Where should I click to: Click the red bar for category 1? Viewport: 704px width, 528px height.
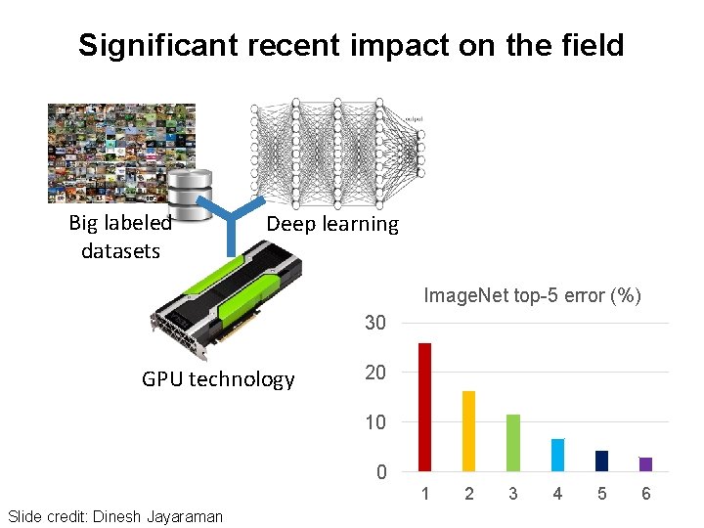tap(424, 407)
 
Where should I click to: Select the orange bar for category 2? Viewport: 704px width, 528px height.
tap(468, 431)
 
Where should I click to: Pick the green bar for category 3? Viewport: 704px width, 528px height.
tap(513, 443)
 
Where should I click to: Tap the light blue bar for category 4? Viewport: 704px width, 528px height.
tap(557, 455)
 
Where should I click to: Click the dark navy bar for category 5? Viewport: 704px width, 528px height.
tap(601, 461)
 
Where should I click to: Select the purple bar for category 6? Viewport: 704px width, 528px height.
tap(645, 464)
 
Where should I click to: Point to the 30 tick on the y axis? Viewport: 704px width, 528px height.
tap(375, 323)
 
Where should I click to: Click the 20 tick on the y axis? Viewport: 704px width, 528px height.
tap(375, 373)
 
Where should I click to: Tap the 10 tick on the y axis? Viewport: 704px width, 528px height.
tap(375, 422)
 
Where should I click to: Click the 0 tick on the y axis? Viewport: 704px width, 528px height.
tap(381, 472)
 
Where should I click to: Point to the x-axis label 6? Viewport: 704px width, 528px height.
tap(645, 494)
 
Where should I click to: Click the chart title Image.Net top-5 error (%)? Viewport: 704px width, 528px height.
tap(532, 295)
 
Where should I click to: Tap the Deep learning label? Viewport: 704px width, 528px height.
tap(332, 224)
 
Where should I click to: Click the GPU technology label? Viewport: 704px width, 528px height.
tap(218, 379)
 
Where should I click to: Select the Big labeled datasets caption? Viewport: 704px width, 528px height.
tap(120, 237)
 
